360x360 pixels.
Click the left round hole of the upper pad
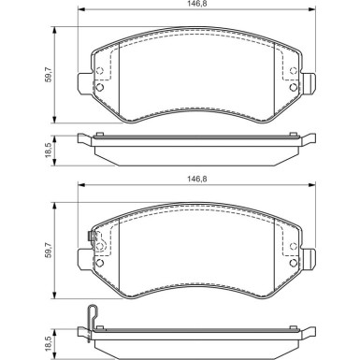tap(99, 90)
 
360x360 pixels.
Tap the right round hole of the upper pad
tap(294, 89)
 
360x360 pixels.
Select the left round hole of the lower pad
tap(99, 265)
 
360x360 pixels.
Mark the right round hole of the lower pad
tap(294, 265)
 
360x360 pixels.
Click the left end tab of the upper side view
tap(84, 140)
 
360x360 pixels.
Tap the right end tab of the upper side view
tap(308, 140)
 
